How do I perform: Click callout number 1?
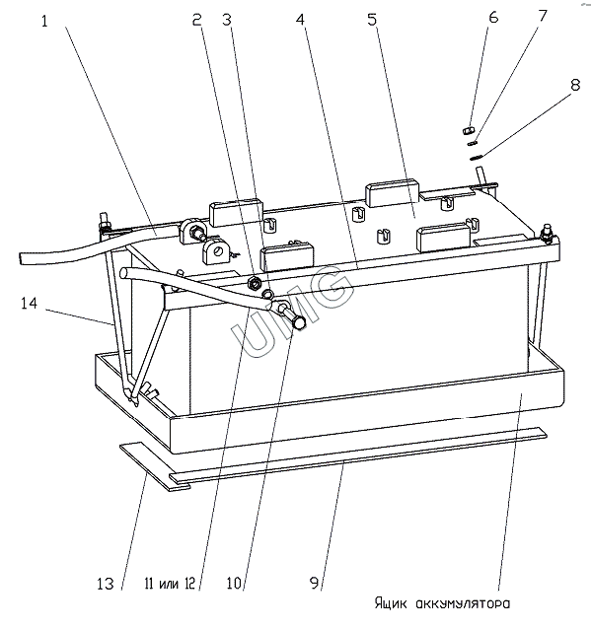pyautogui.click(x=44, y=22)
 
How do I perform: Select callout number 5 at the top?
pyautogui.click(x=373, y=20)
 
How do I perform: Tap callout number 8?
pyautogui.click(x=575, y=85)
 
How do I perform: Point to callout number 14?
pyautogui.click(x=30, y=304)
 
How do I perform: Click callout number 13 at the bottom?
pyautogui.click(x=106, y=584)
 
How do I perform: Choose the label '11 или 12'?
pyautogui.click(x=170, y=584)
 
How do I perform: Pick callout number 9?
pyautogui.click(x=315, y=583)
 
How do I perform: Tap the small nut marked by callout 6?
pyautogui.click(x=469, y=130)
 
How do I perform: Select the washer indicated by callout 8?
pyautogui.click(x=476, y=158)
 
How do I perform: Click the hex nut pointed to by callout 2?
pyautogui.click(x=254, y=283)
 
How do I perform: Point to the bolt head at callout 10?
pyautogui.click(x=300, y=323)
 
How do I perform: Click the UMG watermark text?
pyautogui.click(x=292, y=313)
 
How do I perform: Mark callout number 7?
pyautogui.click(x=543, y=16)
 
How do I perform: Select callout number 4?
pyautogui.click(x=301, y=20)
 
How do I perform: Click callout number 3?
pyautogui.click(x=227, y=20)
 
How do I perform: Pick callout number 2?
pyautogui.click(x=196, y=20)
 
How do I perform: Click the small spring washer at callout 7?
pyautogui.click(x=473, y=142)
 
